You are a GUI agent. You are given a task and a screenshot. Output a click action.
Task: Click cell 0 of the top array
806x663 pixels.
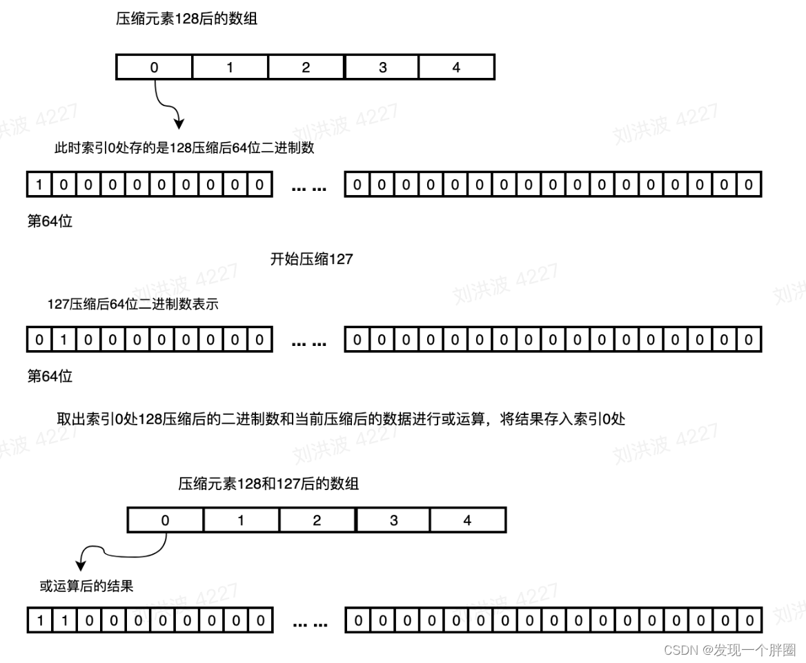pos(154,68)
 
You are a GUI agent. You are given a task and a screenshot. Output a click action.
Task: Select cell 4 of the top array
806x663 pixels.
pos(456,68)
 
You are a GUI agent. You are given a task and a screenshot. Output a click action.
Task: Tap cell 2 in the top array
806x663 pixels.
pos(306,68)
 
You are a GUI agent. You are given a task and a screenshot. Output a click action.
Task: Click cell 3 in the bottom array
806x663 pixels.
pos(393,520)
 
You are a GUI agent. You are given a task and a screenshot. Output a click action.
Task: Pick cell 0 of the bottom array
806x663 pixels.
pos(165,520)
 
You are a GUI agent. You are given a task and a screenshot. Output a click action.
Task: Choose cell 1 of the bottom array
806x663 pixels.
pos(241,520)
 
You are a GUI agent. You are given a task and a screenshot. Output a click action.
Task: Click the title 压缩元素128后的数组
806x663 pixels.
pos(186,19)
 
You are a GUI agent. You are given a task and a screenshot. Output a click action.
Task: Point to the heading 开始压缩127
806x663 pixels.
pos(311,260)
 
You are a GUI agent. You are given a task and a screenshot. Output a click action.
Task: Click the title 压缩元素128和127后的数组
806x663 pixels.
pos(268,484)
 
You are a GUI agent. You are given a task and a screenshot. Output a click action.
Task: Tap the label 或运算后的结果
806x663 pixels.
pos(86,586)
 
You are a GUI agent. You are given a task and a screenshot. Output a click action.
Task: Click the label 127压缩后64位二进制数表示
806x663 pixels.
pos(132,304)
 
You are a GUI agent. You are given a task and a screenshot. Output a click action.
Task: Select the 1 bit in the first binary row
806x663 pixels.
pos(39,185)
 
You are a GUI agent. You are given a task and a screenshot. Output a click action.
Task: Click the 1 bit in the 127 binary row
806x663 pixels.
pos(64,340)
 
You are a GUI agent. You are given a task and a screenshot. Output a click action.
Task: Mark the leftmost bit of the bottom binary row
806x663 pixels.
pos(39,621)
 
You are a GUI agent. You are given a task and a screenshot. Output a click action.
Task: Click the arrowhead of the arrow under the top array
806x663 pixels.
pos(179,124)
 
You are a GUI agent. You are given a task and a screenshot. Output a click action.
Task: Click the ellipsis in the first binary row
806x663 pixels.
pos(309,186)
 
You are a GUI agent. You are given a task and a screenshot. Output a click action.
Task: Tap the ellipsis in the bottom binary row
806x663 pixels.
pos(309,623)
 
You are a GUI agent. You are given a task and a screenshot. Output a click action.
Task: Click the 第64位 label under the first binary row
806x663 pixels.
pos(50,222)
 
